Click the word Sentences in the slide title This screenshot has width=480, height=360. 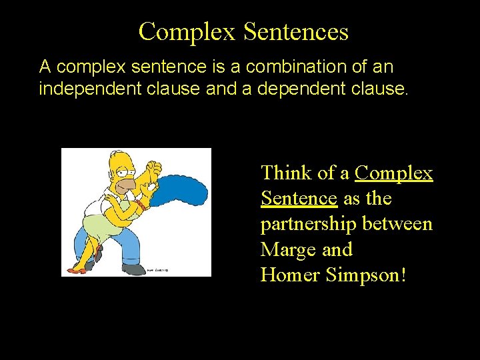[296, 31]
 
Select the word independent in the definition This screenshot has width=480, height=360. [81, 89]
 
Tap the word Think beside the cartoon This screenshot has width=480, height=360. [287, 173]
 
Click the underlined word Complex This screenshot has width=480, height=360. [394, 173]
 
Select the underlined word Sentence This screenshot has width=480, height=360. [299, 199]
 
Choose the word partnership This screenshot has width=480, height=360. [309, 225]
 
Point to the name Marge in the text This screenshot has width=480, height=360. [289, 250]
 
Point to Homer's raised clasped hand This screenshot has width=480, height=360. [153, 169]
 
